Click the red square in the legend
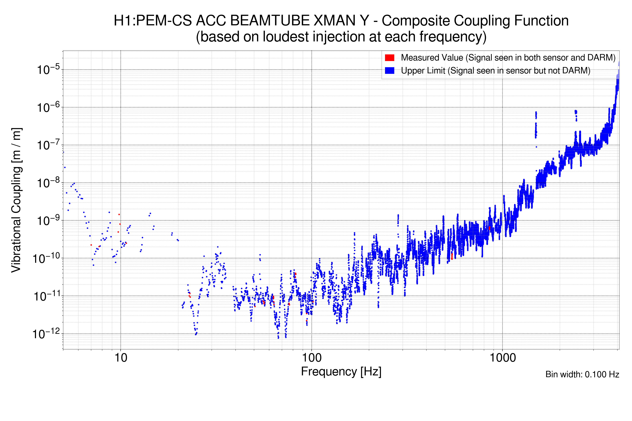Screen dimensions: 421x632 tap(389, 58)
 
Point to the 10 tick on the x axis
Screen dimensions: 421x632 tap(121, 358)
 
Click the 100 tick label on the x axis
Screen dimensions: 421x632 tap(312, 358)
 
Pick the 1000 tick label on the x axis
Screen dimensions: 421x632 tap(502, 358)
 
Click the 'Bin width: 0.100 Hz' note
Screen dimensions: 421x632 tap(582, 374)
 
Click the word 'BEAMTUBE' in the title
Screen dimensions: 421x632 tap(270, 21)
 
